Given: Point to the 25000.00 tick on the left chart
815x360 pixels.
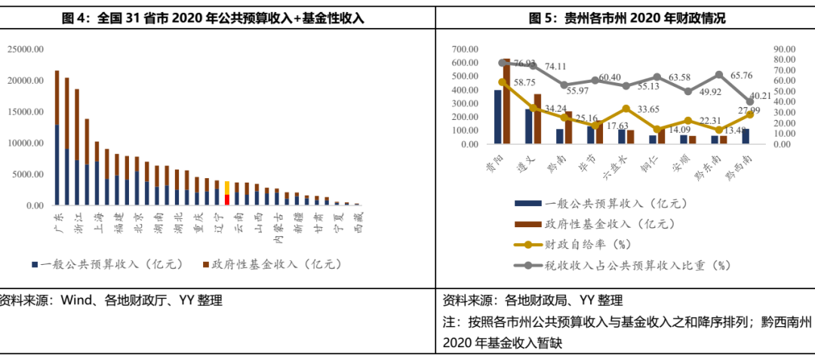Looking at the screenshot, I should coord(26,49).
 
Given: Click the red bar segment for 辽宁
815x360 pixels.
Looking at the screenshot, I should coord(226,200).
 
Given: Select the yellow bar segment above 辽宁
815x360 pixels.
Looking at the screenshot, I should coord(226,187).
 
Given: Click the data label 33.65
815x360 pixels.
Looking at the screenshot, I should coord(646,109).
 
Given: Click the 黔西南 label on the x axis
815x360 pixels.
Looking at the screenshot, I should coord(739,165).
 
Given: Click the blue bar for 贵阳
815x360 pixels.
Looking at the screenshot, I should coord(498,117).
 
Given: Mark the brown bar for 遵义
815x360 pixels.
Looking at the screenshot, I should coord(537,118).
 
